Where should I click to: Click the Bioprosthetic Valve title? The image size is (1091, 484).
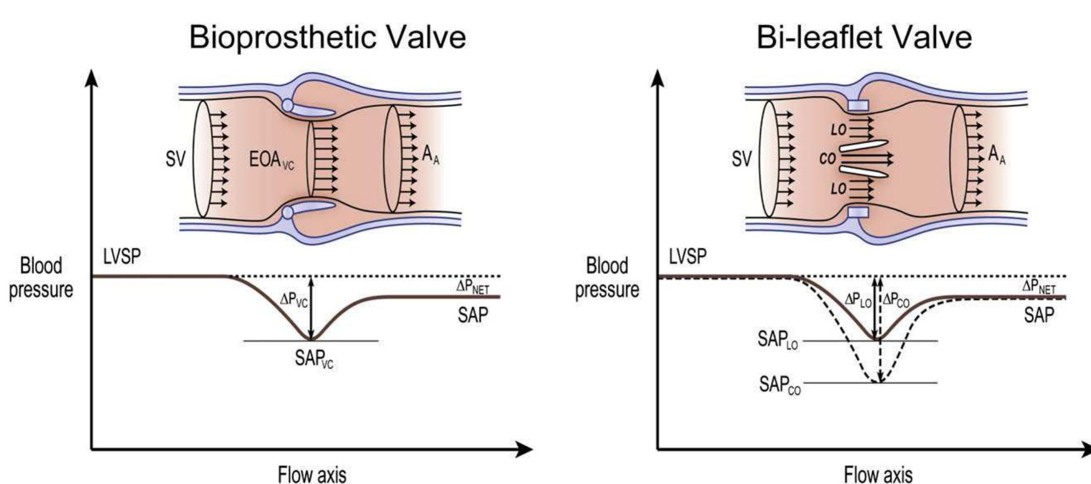tap(327, 37)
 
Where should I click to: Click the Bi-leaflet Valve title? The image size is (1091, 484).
tap(864, 37)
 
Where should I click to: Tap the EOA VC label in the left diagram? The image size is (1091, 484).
tap(272, 160)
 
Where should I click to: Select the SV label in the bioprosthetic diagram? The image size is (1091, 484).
tap(175, 159)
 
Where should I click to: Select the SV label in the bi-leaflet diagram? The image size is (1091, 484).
tap(741, 159)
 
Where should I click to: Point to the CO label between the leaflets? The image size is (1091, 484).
tap(827, 159)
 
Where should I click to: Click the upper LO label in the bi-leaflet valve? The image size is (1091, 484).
tap(838, 130)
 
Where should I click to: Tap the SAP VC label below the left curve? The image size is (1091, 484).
tap(313, 359)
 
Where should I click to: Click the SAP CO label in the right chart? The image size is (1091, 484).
tap(780, 384)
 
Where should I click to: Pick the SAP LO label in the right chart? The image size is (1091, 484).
tap(778, 340)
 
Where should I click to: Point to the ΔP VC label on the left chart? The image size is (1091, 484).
tap(293, 300)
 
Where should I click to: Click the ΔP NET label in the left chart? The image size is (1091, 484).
tap(472, 286)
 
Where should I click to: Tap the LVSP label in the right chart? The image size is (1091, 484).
tap(687, 257)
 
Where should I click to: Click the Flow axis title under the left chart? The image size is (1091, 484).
tap(312, 474)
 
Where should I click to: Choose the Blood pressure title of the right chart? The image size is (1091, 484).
tap(607, 278)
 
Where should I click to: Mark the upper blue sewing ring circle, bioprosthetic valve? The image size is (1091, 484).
tap(287, 105)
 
